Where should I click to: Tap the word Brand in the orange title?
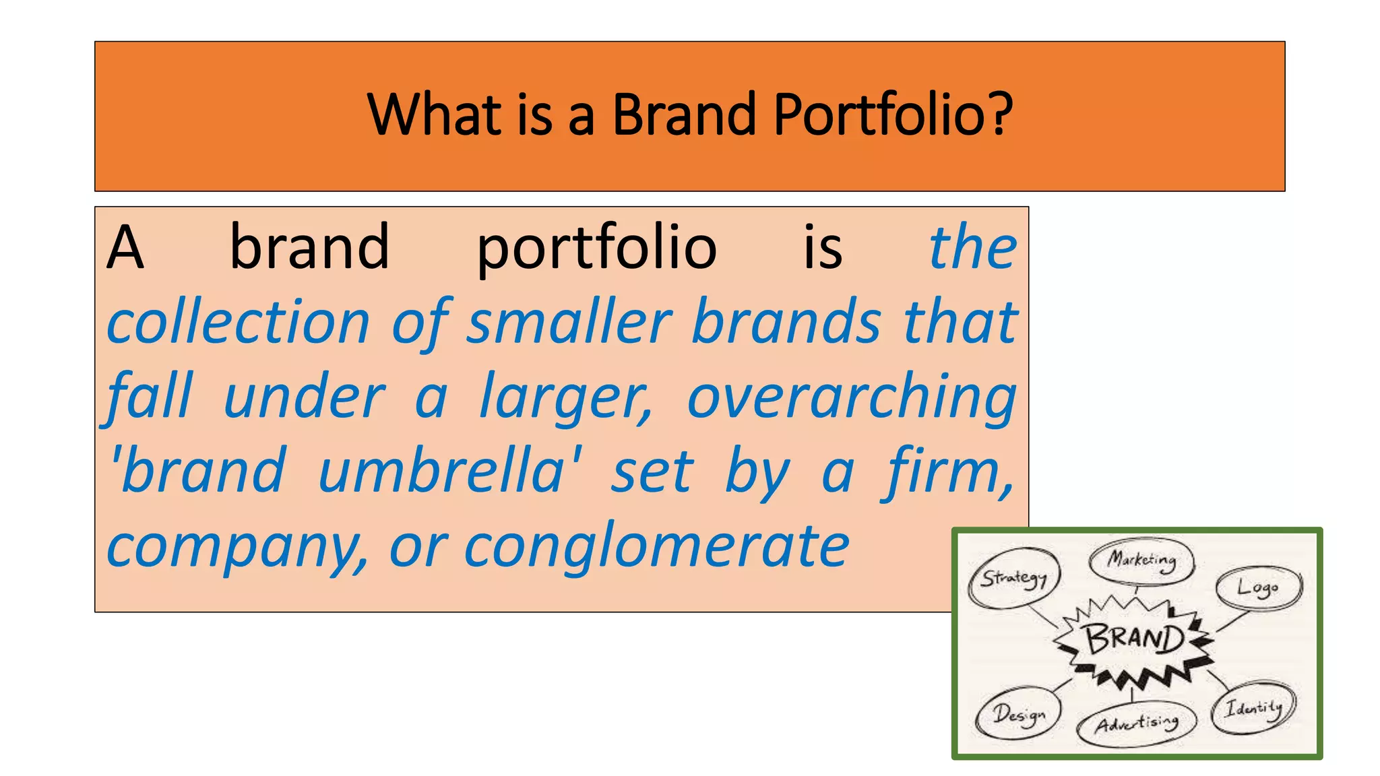tap(684, 115)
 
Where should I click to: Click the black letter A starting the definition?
tap(125, 248)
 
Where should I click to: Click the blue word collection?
tap(239, 322)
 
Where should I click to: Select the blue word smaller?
tap(569, 322)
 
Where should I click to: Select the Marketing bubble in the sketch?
tap(1141, 560)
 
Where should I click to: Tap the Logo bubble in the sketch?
tap(1258, 588)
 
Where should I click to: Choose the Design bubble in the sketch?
tap(1018, 714)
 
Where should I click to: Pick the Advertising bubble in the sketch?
tap(1136, 724)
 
